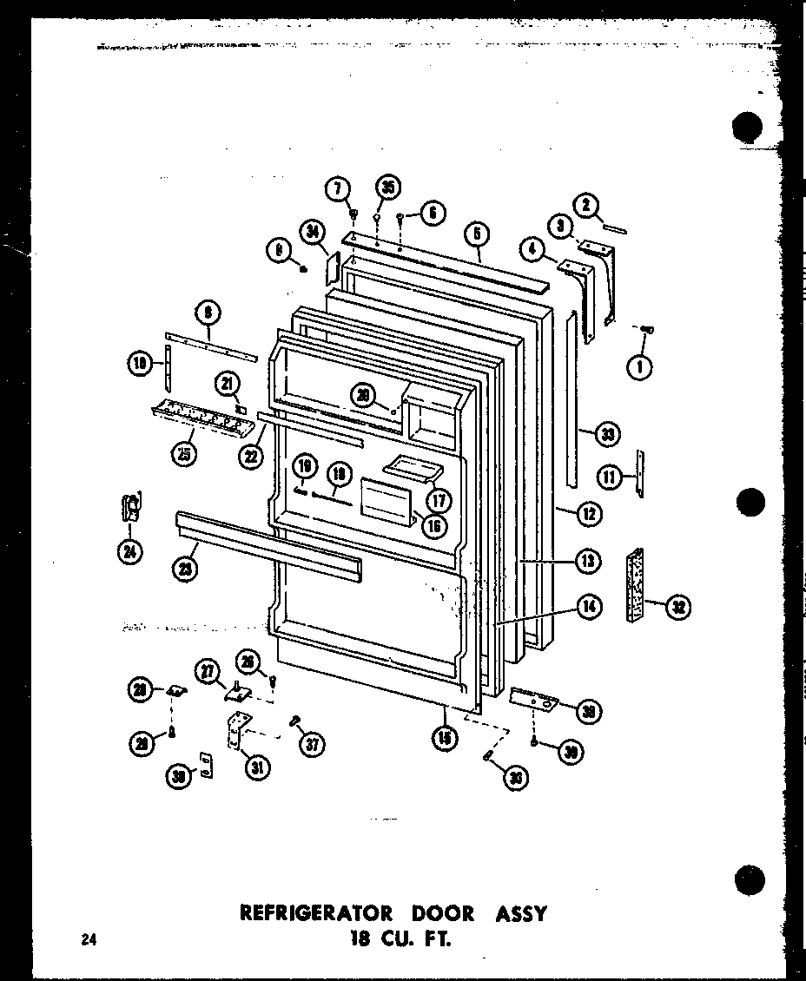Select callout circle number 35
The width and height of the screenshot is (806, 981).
click(x=387, y=188)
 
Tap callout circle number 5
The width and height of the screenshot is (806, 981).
click(x=477, y=234)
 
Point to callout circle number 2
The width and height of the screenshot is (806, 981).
click(x=586, y=205)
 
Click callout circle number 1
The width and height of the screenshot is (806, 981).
click(x=640, y=367)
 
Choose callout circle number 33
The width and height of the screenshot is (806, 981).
click(x=607, y=434)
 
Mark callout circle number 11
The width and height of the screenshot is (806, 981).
click(x=611, y=475)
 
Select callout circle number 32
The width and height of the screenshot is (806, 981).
click(x=678, y=607)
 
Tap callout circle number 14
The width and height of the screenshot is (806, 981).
click(x=589, y=608)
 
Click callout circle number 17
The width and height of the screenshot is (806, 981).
click(x=439, y=500)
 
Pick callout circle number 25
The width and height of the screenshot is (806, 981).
click(x=185, y=452)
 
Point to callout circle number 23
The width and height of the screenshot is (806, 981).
click(x=185, y=569)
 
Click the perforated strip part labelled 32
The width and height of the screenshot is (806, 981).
click(x=635, y=585)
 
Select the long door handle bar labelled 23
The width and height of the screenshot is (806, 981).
click(x=269, y=546)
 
